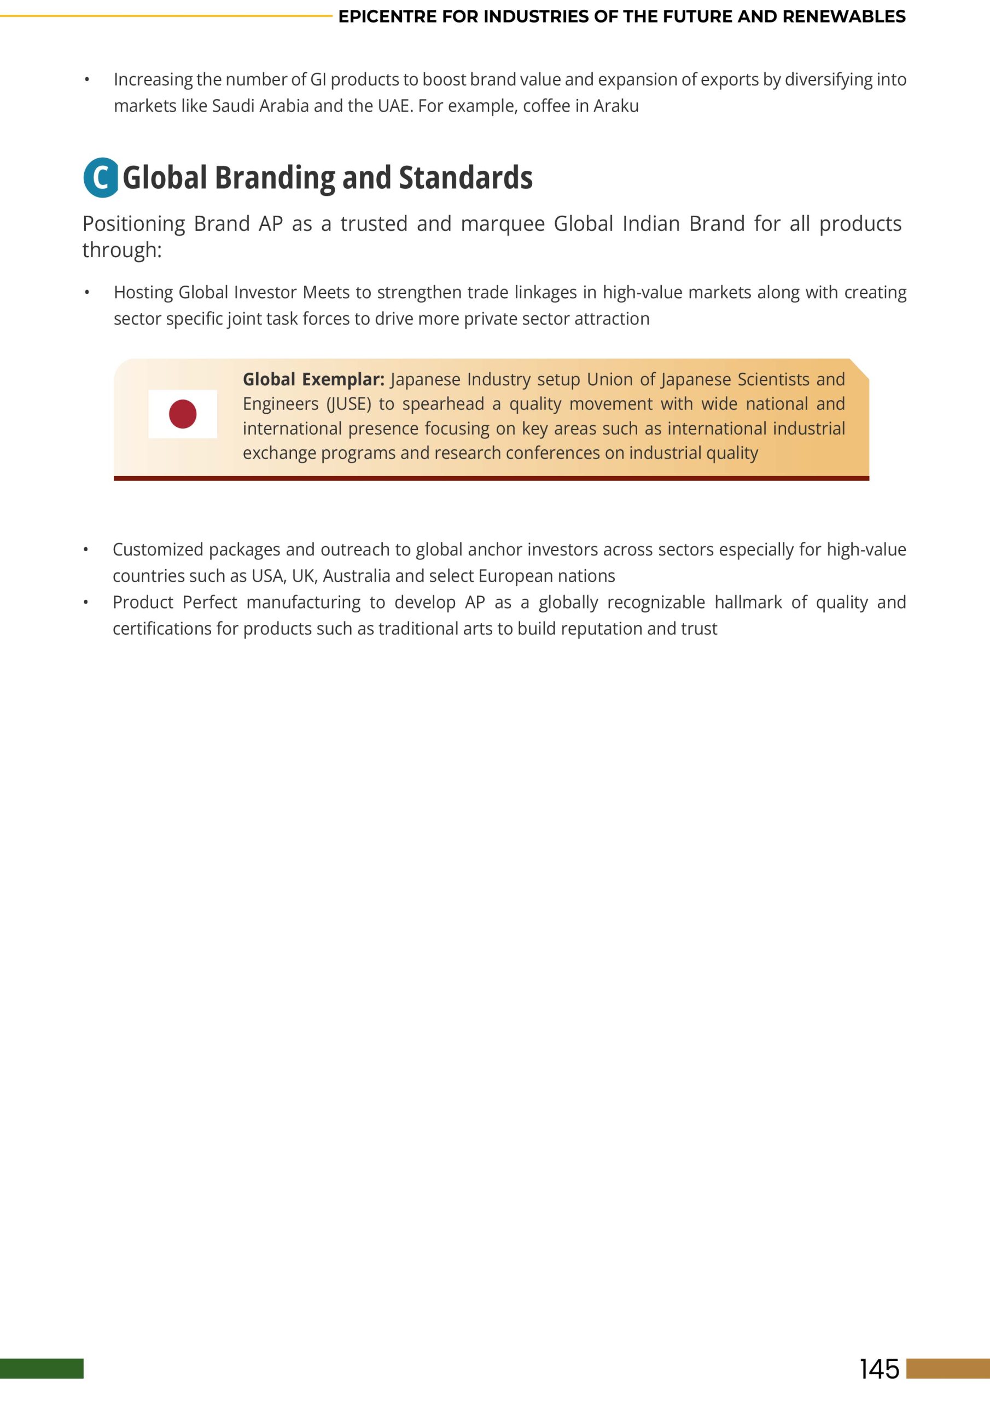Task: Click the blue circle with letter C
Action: coord(101,177)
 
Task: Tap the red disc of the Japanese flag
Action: coord(182,414)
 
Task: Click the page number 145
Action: coord(879,1369)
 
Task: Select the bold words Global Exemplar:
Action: coord(313,380)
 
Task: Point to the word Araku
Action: coord(616,106)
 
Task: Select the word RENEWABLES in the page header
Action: coord(843,17)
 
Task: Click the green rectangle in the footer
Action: coord(42,1369)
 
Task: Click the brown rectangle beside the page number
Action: coord(948,1369)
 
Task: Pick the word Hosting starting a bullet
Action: coord(143,293)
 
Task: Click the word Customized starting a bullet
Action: coord(158,550)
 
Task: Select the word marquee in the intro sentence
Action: coord(503,224)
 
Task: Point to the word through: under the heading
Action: coord(122,250)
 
